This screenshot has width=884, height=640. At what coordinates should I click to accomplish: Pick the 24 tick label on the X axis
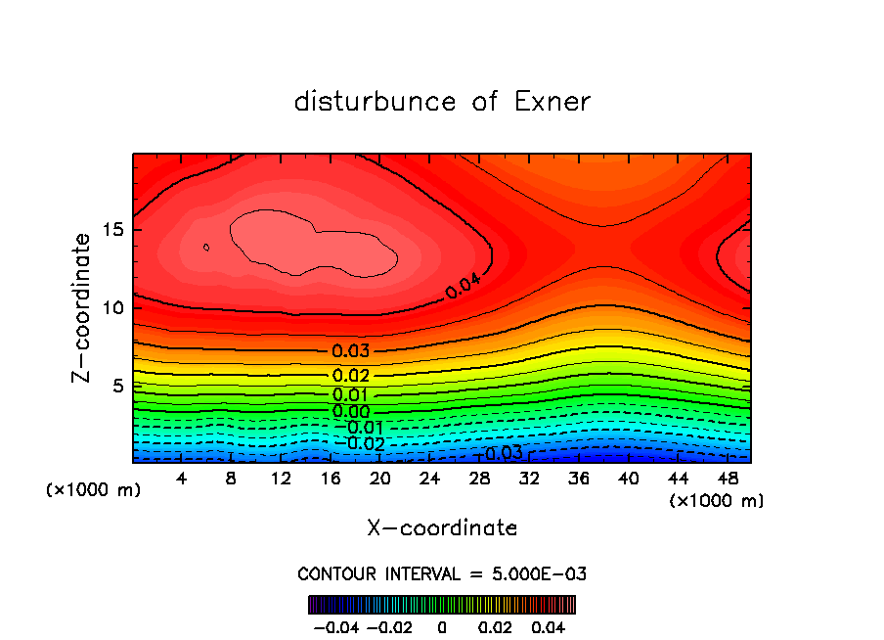[x=428, y=478]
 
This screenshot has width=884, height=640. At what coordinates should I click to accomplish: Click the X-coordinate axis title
[x=442, y=528]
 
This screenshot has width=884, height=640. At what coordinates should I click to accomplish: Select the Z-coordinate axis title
[x=82, y=307]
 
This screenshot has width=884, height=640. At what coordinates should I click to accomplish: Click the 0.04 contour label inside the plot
[x=464, y=287]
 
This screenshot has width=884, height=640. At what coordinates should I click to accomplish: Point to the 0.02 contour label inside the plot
[x=350, y=376]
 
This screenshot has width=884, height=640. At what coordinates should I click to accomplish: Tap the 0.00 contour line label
[x=350, y=412]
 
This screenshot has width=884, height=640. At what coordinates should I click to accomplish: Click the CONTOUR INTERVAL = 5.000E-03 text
[x=442, y=573]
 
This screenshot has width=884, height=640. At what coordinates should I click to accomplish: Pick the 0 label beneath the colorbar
[x=442, y=625]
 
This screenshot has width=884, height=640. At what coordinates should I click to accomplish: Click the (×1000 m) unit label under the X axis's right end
[x=717, y=500]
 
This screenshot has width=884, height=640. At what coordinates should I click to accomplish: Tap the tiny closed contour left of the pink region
[x=206, y=248]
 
